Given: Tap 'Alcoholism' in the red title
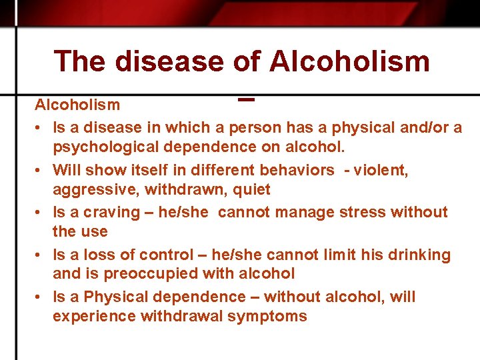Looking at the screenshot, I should click(x=349, y=61).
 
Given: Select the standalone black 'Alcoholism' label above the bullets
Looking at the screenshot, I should click(x=77, y=105).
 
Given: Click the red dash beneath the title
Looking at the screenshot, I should click(x=245, y=101).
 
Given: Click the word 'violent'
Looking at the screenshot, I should click(x=381, y=170).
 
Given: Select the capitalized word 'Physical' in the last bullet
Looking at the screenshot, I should click(x=118, y=297).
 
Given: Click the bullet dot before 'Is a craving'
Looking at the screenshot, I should click(x=41, y=213).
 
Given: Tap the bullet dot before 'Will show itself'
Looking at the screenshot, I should click(x=41, y=170).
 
